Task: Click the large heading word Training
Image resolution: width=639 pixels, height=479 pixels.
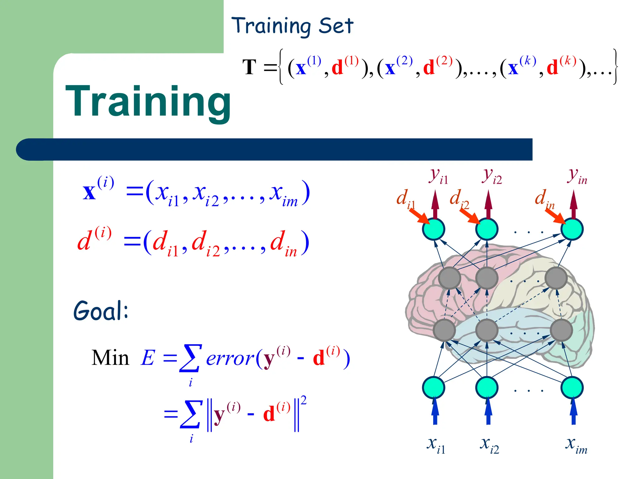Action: pyautogui.click(x=148, y=102)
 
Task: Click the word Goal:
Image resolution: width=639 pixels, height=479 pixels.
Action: pyautogui.click(x=100, y=311)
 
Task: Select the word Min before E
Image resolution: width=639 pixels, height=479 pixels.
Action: pyautogui.click(x=110, y=358)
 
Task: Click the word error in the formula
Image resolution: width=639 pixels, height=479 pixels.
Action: pyautogui.click(x=230, y=359)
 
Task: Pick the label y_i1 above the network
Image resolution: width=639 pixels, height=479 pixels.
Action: pyautogui.click(x=438, y=176)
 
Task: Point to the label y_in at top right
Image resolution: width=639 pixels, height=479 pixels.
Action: pyautogui.click(x=577, y=176)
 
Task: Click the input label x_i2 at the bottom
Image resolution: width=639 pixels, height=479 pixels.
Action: pyautogui.click(x=489, y=444)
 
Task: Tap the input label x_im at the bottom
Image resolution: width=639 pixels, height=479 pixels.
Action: pyautogui.click(x=576, y=444)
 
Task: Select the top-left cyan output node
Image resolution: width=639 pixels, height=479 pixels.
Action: pyautogui.click(x=433, y=229)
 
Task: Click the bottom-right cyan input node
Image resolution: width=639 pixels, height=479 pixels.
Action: pyautogui.click(x=572, y=388)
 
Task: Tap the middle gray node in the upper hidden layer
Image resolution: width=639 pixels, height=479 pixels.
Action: pyautogui.click(x=487, y=278)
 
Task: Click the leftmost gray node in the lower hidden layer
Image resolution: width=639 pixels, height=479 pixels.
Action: pyautogui.click(x=444, y=330)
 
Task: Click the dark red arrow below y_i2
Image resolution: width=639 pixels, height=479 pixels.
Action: pyautogui.click(x=488, y=204)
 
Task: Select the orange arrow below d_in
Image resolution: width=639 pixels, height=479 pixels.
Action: pyautogui.click(x=556, y=216)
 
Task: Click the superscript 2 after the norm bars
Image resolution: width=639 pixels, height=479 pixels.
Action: pyautogui.click(x=303, y=400)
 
